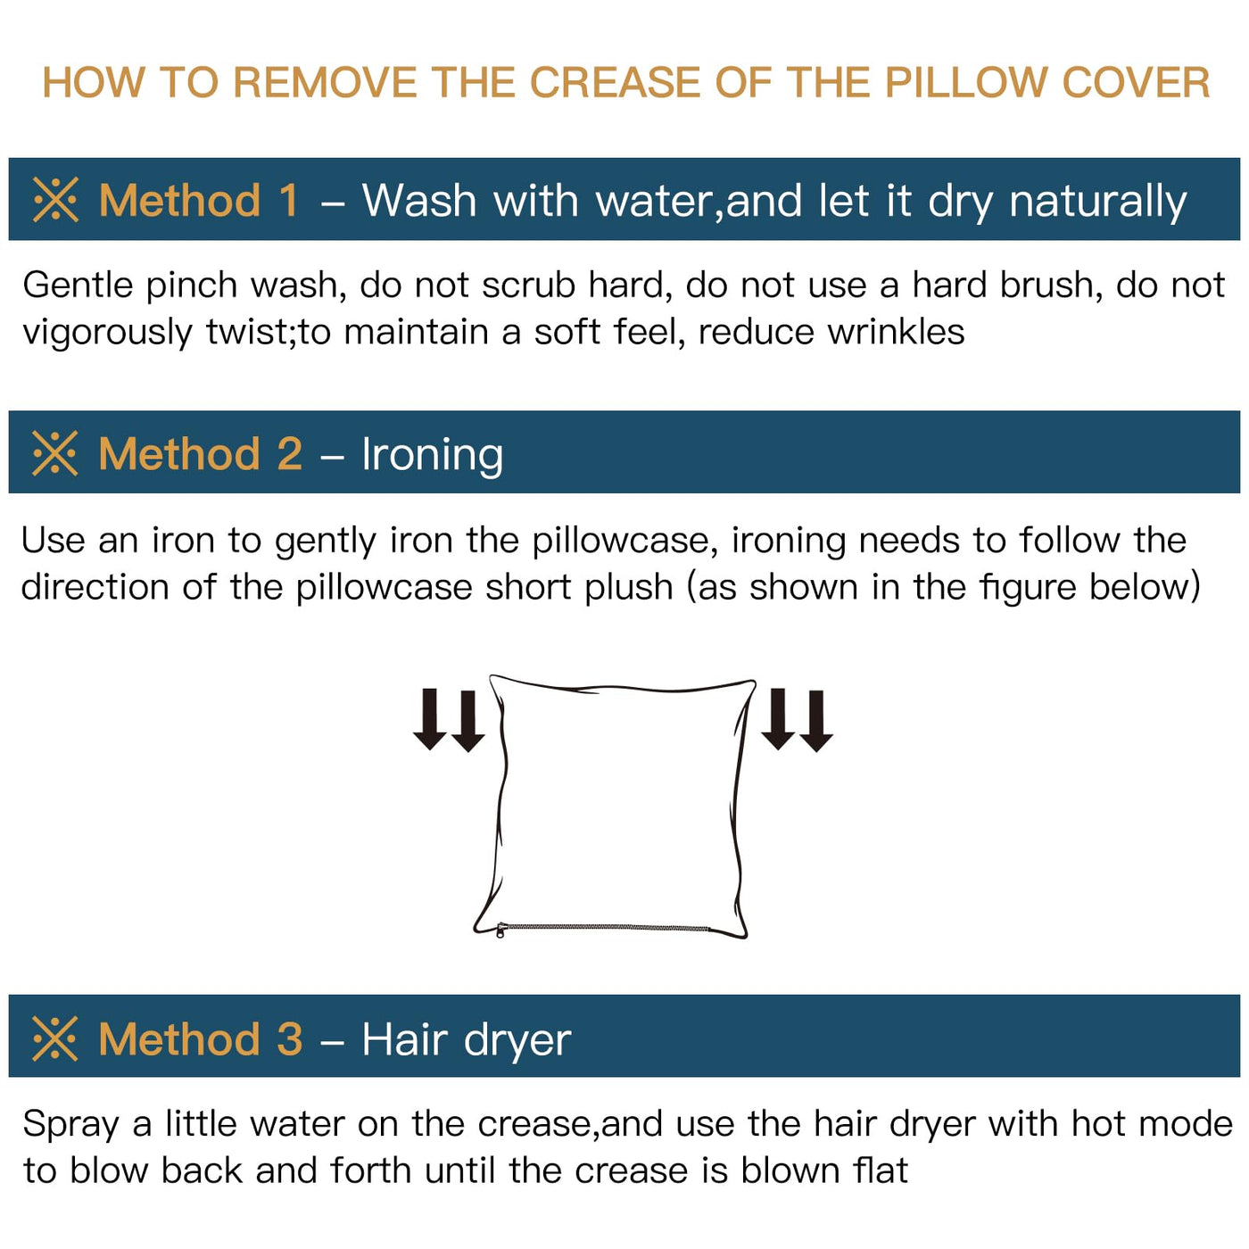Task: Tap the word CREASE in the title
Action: tap(615, 83)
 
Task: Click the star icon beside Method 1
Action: tap(55, 200)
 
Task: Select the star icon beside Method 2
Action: tap(55, 453)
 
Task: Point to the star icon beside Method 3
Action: tap(55, 1039)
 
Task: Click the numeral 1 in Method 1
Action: tap(288, 200)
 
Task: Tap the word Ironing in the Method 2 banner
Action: tap(433, 455)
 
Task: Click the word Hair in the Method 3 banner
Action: tap(404, 1040)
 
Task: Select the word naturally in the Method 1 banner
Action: tap(1098, 203)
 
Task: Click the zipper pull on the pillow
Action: tap(500, 931)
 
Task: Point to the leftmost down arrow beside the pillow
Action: tap(429, 719)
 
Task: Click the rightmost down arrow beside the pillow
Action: tap(816, 722)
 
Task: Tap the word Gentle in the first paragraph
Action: tap(78, 285)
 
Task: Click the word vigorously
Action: tap(108, 333)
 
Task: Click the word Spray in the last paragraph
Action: tap(71, 1125)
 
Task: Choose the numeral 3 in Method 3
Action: tap(289, 1039)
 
